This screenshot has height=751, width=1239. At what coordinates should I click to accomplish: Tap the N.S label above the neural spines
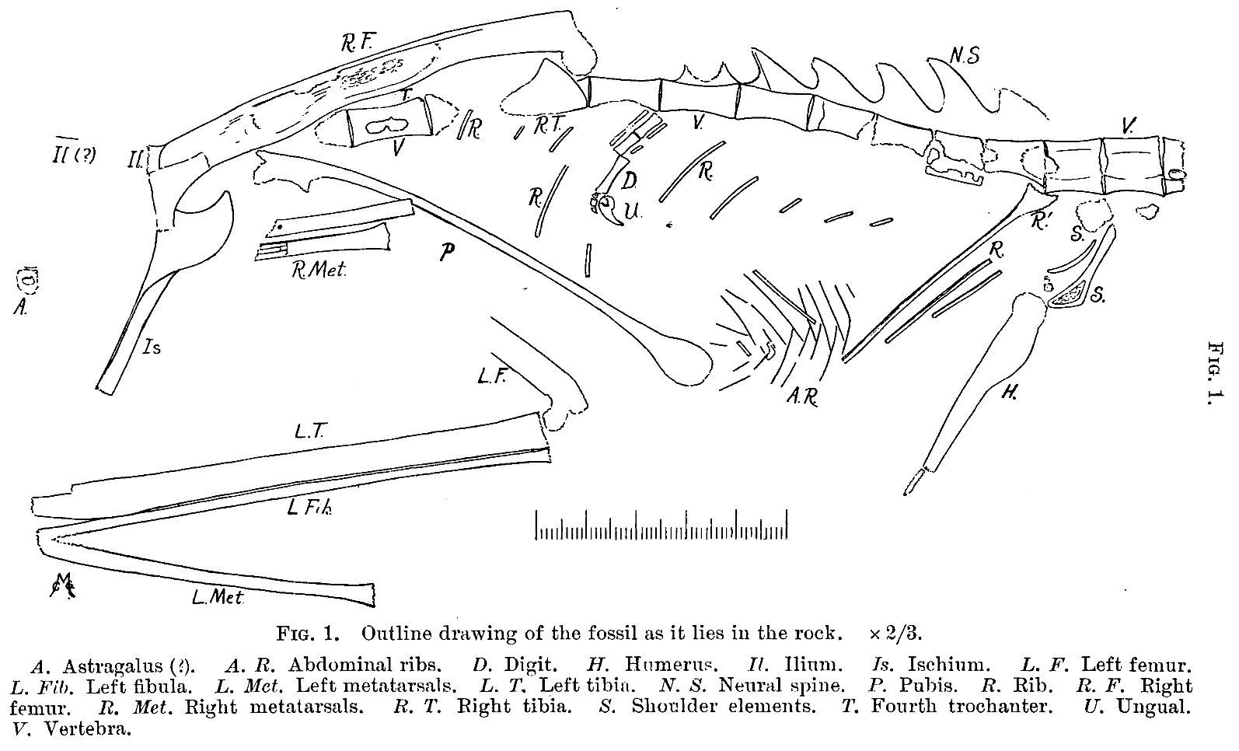click(x=965, y=54)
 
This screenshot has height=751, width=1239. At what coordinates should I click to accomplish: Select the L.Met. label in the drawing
click(x=218, y=598)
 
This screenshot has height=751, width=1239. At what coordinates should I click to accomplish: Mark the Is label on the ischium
click(x=152, y=348)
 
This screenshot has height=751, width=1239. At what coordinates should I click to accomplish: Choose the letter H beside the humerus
click(x=1009, y=393)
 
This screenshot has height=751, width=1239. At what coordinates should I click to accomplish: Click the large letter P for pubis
click(x=446, y=252)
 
